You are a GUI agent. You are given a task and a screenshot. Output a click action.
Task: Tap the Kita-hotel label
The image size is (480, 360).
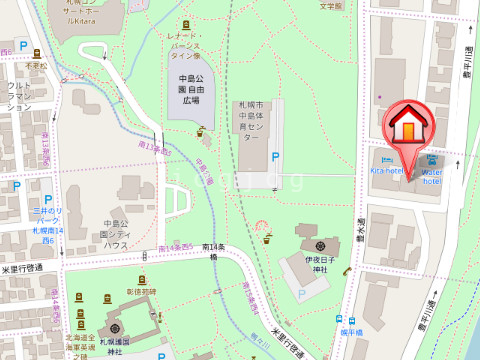click(387, 171)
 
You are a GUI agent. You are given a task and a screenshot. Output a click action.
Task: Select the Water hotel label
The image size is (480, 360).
click(433, 176)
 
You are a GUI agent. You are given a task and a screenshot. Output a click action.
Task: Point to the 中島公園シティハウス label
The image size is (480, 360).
click(115, 233)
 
